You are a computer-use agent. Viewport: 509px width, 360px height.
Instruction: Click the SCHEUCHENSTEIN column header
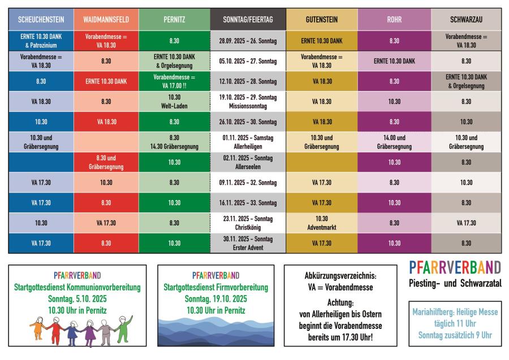point(41,19)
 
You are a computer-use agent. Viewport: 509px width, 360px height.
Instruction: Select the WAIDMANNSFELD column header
point(106,19)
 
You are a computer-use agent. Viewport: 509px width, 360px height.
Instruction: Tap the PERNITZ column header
point(174,19)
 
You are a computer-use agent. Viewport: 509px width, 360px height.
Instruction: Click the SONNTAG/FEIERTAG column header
point(248,19)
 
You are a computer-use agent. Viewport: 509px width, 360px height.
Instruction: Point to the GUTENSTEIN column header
point(321,19)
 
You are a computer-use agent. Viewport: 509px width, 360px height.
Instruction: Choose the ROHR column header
point(394,19)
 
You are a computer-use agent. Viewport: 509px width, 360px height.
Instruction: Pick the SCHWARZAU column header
point(466,19)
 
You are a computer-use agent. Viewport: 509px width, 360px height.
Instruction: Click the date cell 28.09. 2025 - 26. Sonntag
point(248,41)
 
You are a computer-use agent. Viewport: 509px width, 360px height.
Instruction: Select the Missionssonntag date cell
point(248,101)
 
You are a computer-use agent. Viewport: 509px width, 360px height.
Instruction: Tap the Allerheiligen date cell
point(248,142)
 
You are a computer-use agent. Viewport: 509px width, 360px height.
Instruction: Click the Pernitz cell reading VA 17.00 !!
point(174,81)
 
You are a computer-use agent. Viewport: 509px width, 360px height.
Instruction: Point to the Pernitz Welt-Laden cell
point(174,101)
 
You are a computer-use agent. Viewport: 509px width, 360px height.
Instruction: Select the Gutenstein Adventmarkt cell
point(321,223)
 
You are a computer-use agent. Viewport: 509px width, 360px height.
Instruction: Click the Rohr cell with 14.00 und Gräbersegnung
point(394,142)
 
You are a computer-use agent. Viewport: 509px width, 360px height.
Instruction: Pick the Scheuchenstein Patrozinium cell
point(41,41)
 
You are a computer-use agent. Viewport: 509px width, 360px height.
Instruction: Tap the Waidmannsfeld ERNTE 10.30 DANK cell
point(106,81)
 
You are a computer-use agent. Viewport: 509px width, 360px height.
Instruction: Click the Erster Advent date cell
point(248,243)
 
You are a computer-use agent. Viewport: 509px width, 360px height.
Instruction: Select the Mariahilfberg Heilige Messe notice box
point(455,323)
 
